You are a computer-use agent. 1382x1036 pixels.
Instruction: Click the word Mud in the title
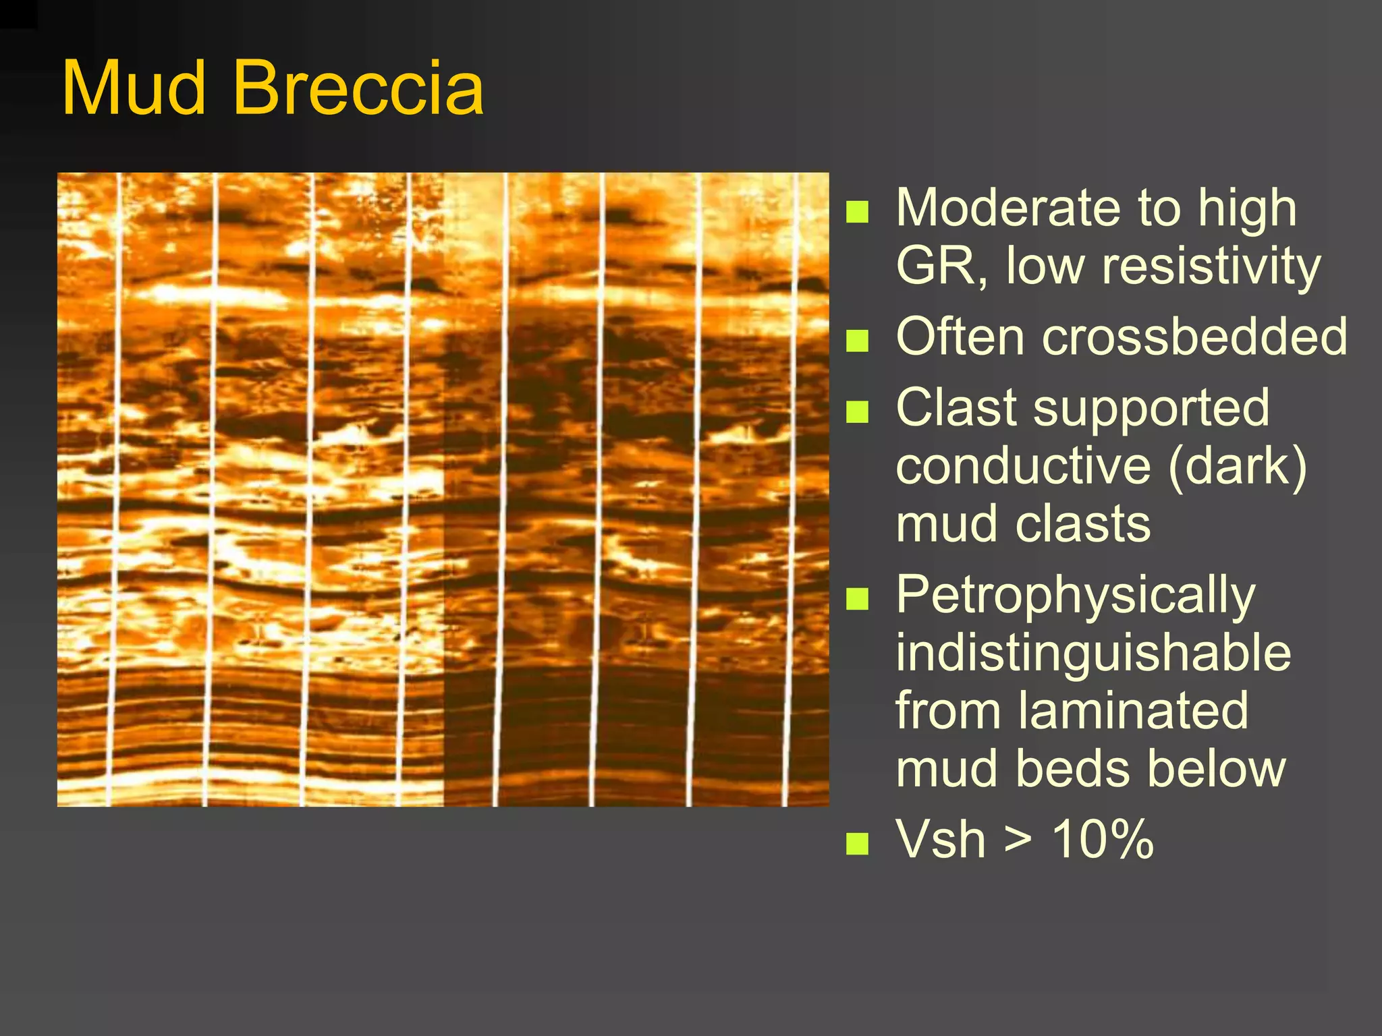coord(134,89)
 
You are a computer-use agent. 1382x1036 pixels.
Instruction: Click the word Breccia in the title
coord(358,89)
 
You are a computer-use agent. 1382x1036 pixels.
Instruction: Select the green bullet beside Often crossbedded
coord(857,340)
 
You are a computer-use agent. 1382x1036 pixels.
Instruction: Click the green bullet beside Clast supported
coord(857,411)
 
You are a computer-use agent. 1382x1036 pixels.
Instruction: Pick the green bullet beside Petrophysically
coord(857,598)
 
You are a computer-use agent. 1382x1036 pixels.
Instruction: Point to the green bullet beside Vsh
coord(857,843)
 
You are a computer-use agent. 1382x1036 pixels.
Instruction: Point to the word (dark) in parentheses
coord(1238,467)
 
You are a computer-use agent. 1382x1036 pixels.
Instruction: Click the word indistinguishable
coord(1093,653)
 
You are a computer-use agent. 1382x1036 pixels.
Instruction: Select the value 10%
coord(1103,840)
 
